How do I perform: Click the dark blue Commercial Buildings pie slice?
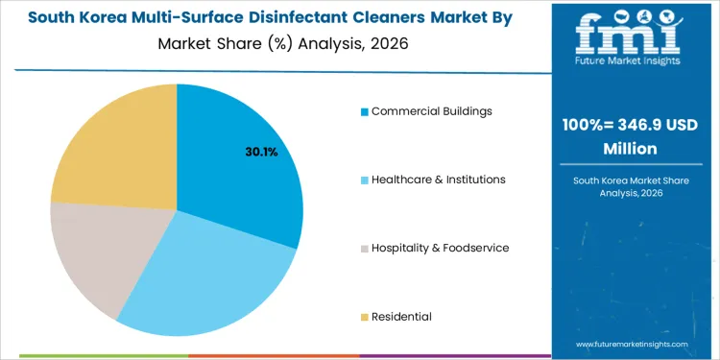coord(240,163)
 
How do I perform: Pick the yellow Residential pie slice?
coord(110,144)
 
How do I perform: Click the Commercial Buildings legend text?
coord(432,110)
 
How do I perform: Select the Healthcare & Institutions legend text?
coord(438,180)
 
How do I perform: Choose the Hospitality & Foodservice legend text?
coord(440,248)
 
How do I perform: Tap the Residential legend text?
coord(401,316)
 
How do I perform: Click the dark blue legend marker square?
coord(365,111)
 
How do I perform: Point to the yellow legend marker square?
coord(365,317)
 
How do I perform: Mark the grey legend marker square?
coord(365,249)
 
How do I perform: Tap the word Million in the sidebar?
coord(630,149)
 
